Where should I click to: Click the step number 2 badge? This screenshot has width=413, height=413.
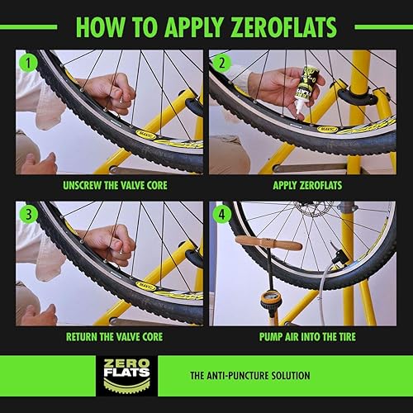(x=221, y=61)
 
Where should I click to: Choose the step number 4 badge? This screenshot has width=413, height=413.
(x=221, y=212)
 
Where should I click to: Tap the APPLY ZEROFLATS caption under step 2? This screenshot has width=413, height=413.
(x=301, y=185)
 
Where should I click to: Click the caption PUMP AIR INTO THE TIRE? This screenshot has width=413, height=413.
(x=301, y=337)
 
